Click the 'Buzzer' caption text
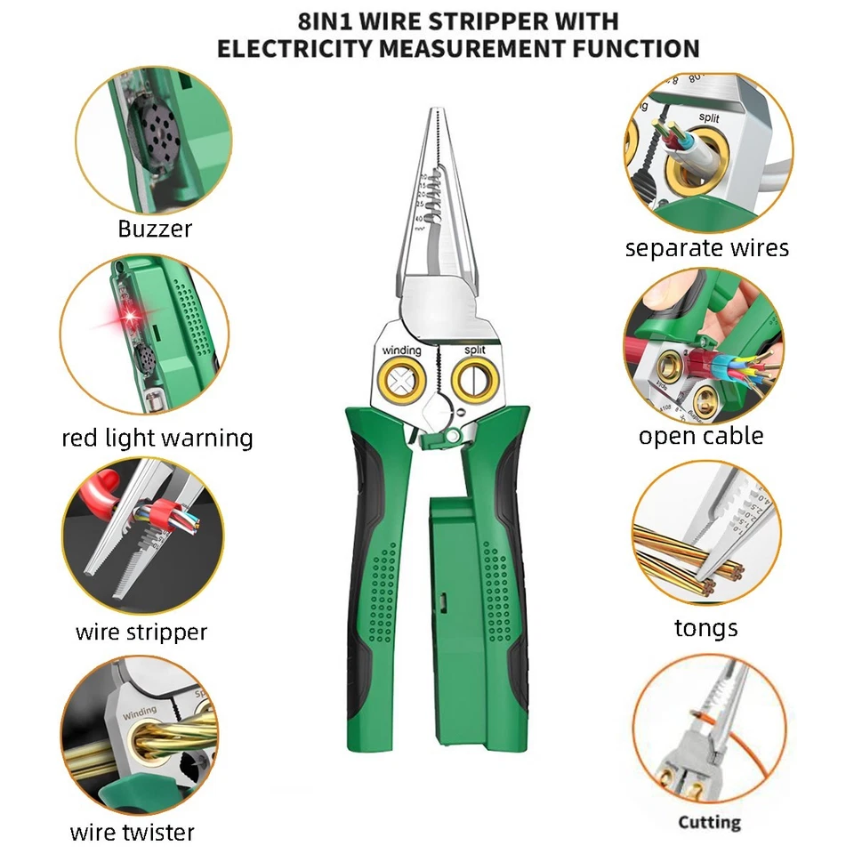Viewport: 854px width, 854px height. coord(155,229)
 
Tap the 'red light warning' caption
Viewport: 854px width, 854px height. coord(157,438)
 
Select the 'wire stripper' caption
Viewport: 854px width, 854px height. coord(141,632)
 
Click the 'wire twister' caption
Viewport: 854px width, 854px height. coord(132,833)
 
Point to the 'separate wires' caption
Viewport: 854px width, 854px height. coord(706,248)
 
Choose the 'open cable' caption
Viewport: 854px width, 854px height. coord(701,436)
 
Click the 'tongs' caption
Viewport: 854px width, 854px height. coord(705,628)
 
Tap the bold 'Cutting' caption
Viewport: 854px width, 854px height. coord(709,822)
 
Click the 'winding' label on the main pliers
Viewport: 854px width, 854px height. coord(402,350)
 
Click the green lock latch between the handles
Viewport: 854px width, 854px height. coord(453,437)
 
